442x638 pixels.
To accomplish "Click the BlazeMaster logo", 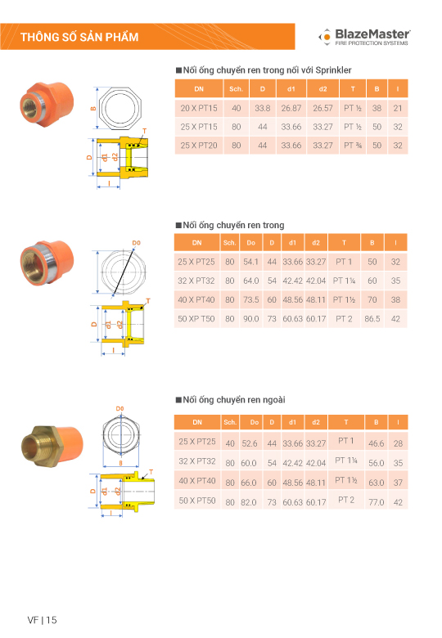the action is coord(364,37).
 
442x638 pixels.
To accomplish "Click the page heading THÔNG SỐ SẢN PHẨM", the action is coord(79,37).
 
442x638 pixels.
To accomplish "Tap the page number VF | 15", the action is coord(42,620).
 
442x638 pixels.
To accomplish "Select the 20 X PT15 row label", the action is coord(199,108).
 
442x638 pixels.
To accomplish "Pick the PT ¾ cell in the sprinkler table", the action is coord(353,146).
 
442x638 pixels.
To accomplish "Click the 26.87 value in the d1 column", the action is coord(291,108).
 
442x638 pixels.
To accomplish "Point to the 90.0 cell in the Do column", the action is coord(251,319).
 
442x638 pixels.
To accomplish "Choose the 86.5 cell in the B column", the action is coord(372,319).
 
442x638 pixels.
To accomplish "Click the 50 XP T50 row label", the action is coord(196,319).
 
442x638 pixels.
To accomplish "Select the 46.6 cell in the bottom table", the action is coord(376,443).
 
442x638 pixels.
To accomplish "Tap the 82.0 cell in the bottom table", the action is coord(249,502).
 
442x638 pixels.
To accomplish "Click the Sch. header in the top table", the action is coord(236,88).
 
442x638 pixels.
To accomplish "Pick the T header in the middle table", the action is coord(344,242).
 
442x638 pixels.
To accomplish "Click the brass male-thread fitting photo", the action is coord(52,446).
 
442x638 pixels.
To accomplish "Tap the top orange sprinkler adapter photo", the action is coord(47,104).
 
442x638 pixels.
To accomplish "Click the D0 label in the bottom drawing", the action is coord(120,408).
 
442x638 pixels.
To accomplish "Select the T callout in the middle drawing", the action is coord(148,301).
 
